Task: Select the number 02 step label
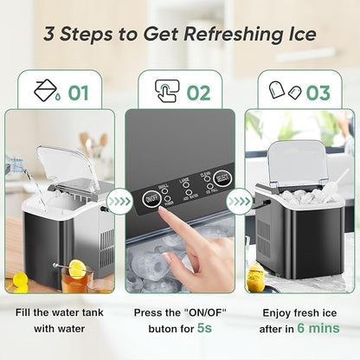click(198, 92)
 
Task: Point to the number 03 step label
click(318, 92)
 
